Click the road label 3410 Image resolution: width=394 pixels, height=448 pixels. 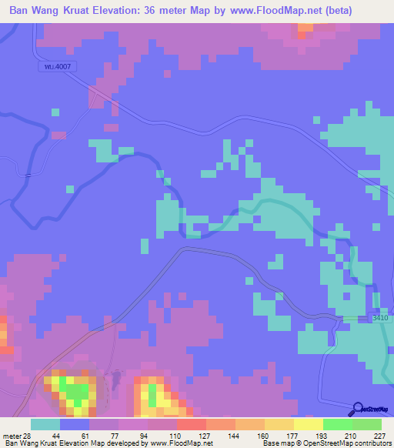tap(379, 317)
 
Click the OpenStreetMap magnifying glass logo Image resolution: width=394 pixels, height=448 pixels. tap(359, 409)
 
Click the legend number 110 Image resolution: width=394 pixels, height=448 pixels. tap(176, 435)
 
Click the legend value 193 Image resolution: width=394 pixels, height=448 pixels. tap(322, 435)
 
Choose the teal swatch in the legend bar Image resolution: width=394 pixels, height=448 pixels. tap(45, 424)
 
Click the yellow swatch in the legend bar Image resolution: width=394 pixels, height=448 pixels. tap(309, 424)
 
